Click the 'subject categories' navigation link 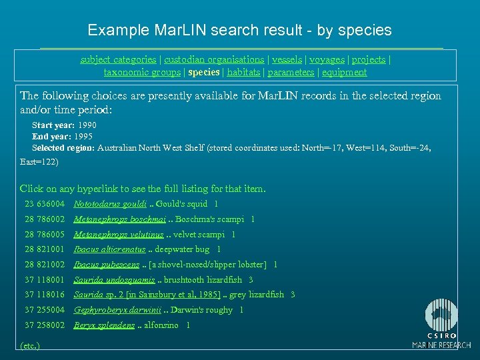point(118,59)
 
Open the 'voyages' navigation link point(327,59)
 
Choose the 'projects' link point(369,59)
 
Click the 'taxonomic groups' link point(142,72)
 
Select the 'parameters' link point(291,72)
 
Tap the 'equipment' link point(343,72)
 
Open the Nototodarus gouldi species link point(110,204)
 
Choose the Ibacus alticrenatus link point(109,249)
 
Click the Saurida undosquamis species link point(114,280)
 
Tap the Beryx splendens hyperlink point(105,325)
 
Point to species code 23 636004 point(45,204)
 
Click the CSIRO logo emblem point(441,314)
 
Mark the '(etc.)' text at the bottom point(30,345)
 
